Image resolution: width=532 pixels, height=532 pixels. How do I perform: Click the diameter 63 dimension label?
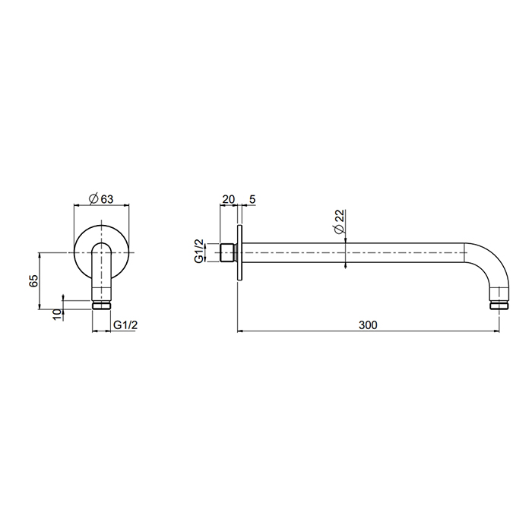coord(101,199)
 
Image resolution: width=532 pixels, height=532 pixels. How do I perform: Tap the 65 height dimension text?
coord(34,281)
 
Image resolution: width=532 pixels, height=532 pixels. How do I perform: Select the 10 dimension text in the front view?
coord(58,314)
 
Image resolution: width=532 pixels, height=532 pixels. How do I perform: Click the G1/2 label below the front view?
coord(125,325)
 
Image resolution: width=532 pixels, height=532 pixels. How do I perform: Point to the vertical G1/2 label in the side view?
coord(199,251)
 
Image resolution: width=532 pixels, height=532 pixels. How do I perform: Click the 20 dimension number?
coord(228,199)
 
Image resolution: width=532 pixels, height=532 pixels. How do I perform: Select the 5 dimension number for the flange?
coord(252,199)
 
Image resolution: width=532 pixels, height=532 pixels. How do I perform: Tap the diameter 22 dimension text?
coord(339,222)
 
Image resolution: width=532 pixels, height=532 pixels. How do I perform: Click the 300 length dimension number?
coord(368,325)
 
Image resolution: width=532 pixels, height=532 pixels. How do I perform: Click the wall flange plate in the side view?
coord(239,253)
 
